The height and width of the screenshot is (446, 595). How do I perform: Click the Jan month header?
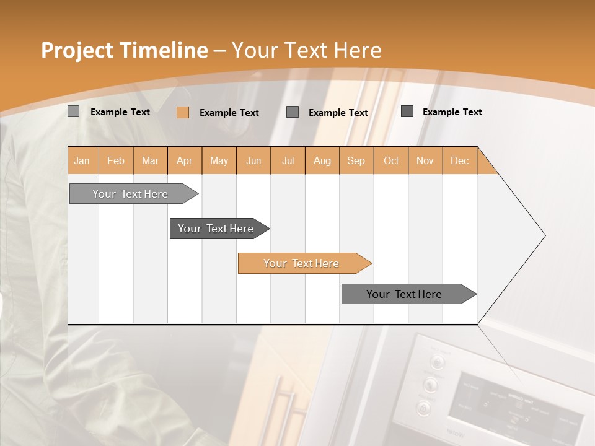[x=82, y=160]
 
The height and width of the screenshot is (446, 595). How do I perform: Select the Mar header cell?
[x=150, y=160]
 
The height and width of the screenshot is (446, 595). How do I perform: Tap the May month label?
[x=219, y=160]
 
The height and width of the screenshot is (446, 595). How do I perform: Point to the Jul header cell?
[x=288, y=160]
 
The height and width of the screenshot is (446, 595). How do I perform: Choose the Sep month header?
[x=356, y=160]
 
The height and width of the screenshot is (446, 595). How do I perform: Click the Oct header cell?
[x=391, y=160]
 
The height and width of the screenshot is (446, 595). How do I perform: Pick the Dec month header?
[x=459, y=160]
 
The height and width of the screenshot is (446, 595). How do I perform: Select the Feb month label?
[x=116, y=160]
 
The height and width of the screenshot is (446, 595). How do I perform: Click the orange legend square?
[x=182, y=112]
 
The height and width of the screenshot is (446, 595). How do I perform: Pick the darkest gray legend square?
[x=407, y=111]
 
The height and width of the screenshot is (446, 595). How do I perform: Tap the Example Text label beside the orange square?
[x=229, y=113]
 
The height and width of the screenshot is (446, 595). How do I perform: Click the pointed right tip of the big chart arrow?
[x=544, y=235]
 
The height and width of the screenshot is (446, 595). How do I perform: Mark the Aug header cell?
[x=322, y=160]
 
